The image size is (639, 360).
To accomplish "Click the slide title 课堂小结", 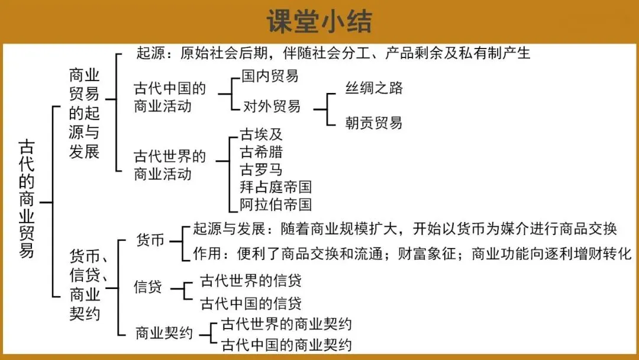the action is coord(319,21).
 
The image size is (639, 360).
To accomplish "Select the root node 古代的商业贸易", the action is coord(27,198).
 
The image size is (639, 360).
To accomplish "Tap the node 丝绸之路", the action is coord(374,88).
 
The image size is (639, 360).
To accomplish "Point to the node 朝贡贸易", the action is coord(374,123).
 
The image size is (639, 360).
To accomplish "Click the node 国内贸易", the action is coord(270,76).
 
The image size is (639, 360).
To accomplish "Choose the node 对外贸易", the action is coord(272,106).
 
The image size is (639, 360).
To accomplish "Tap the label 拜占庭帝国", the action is coord(276,187).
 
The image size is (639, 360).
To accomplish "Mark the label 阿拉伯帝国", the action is coord(276,205).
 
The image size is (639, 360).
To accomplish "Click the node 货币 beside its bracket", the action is coord(150,240).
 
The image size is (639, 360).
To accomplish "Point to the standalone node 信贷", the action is coord(148,287).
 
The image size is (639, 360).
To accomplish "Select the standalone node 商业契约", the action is coord(164,333).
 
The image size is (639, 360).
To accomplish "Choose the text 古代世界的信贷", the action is coord(251,279).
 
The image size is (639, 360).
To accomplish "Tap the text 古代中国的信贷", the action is coord(251,304).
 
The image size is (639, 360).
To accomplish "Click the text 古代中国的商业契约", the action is coord(286,345).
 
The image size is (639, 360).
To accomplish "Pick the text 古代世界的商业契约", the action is coord(286,324).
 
